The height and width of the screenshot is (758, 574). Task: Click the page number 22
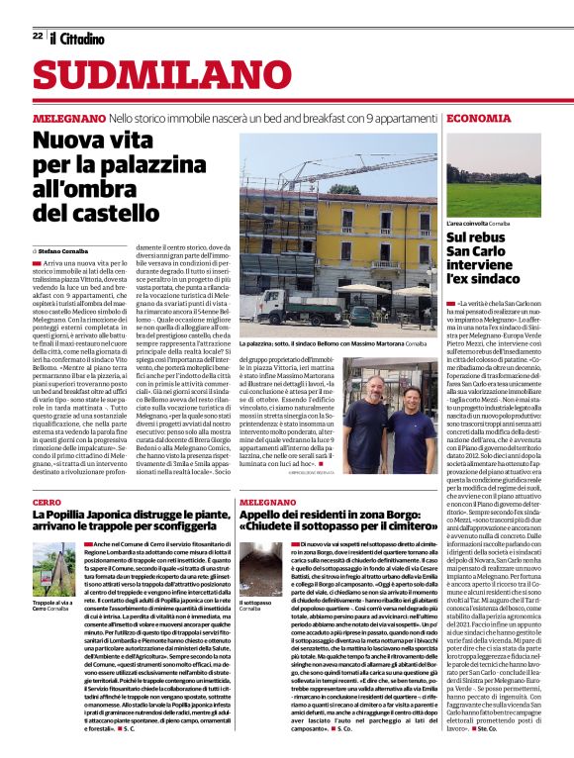pos(37,36)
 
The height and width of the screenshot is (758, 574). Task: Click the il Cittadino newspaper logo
pos(75,38)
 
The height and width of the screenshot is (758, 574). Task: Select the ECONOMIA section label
pos(479,118)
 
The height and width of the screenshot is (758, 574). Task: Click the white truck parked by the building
pos(287,308)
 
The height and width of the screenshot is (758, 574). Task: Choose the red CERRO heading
pos(47,504)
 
